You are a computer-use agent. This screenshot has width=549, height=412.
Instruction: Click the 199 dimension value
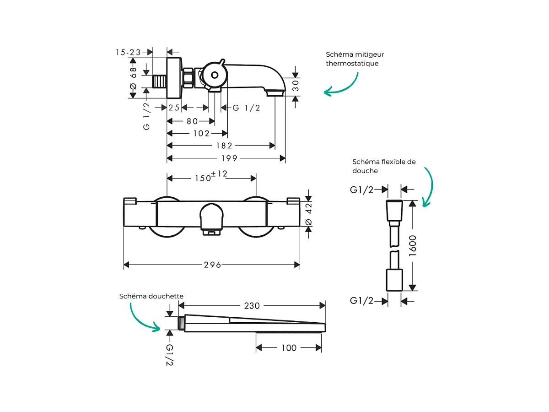coord(229,158)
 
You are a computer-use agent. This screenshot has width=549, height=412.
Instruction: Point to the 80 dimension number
coord(192,121)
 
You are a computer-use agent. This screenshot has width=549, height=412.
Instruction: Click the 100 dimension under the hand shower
coord(289,348)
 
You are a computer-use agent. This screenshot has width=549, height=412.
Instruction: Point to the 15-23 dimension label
coord(128,52)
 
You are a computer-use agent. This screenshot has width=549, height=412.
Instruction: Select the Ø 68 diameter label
coord(134,78)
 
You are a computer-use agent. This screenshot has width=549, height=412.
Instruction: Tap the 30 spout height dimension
coord(296,86)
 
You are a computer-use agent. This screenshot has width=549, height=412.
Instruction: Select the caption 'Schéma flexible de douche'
coord(384,166)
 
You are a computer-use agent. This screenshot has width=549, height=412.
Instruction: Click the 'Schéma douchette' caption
coord(151,296)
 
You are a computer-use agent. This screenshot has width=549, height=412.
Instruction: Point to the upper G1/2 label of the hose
coord(362,189)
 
